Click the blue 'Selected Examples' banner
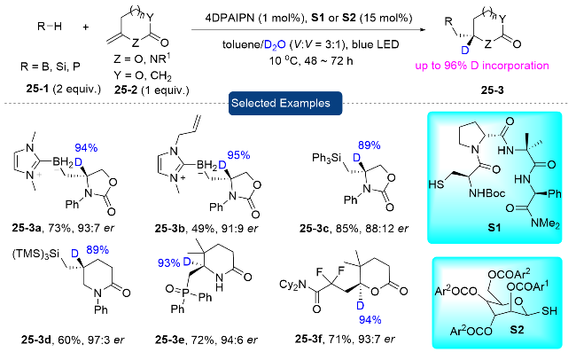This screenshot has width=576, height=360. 285,104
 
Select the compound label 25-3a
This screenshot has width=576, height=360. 27,228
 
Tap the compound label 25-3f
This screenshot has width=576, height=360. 309,339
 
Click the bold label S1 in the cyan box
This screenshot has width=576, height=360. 494,228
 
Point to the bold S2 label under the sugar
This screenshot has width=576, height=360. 517,330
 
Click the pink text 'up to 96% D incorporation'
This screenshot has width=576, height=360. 482,66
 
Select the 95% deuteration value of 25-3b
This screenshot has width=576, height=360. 238,155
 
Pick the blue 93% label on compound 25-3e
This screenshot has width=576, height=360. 169,263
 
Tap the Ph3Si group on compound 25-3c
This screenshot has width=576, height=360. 327,159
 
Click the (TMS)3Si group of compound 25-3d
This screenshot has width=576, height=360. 35,254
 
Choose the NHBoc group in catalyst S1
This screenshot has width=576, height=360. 486,193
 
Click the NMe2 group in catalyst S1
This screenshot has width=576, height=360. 545,223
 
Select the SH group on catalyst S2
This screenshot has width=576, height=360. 549,311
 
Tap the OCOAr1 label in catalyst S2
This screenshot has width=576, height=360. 527,286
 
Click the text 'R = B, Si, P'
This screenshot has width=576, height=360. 51,67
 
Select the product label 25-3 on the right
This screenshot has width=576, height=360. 492,90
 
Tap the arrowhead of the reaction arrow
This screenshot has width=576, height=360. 423,30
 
